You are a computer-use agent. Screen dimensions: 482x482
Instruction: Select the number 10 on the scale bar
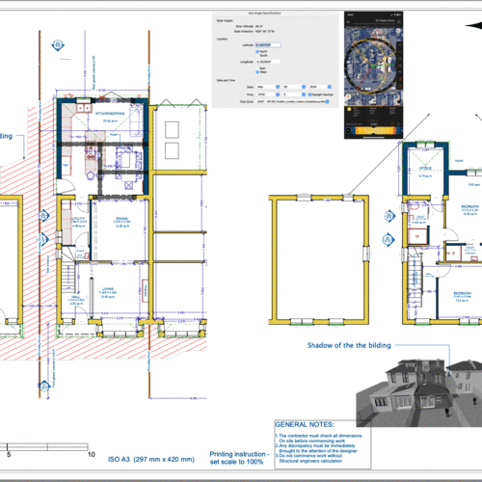tap(91, 454)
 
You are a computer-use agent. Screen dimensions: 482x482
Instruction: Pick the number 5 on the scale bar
tap(9, 454)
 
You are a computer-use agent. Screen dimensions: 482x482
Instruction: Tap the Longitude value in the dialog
tap(267, 61)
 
